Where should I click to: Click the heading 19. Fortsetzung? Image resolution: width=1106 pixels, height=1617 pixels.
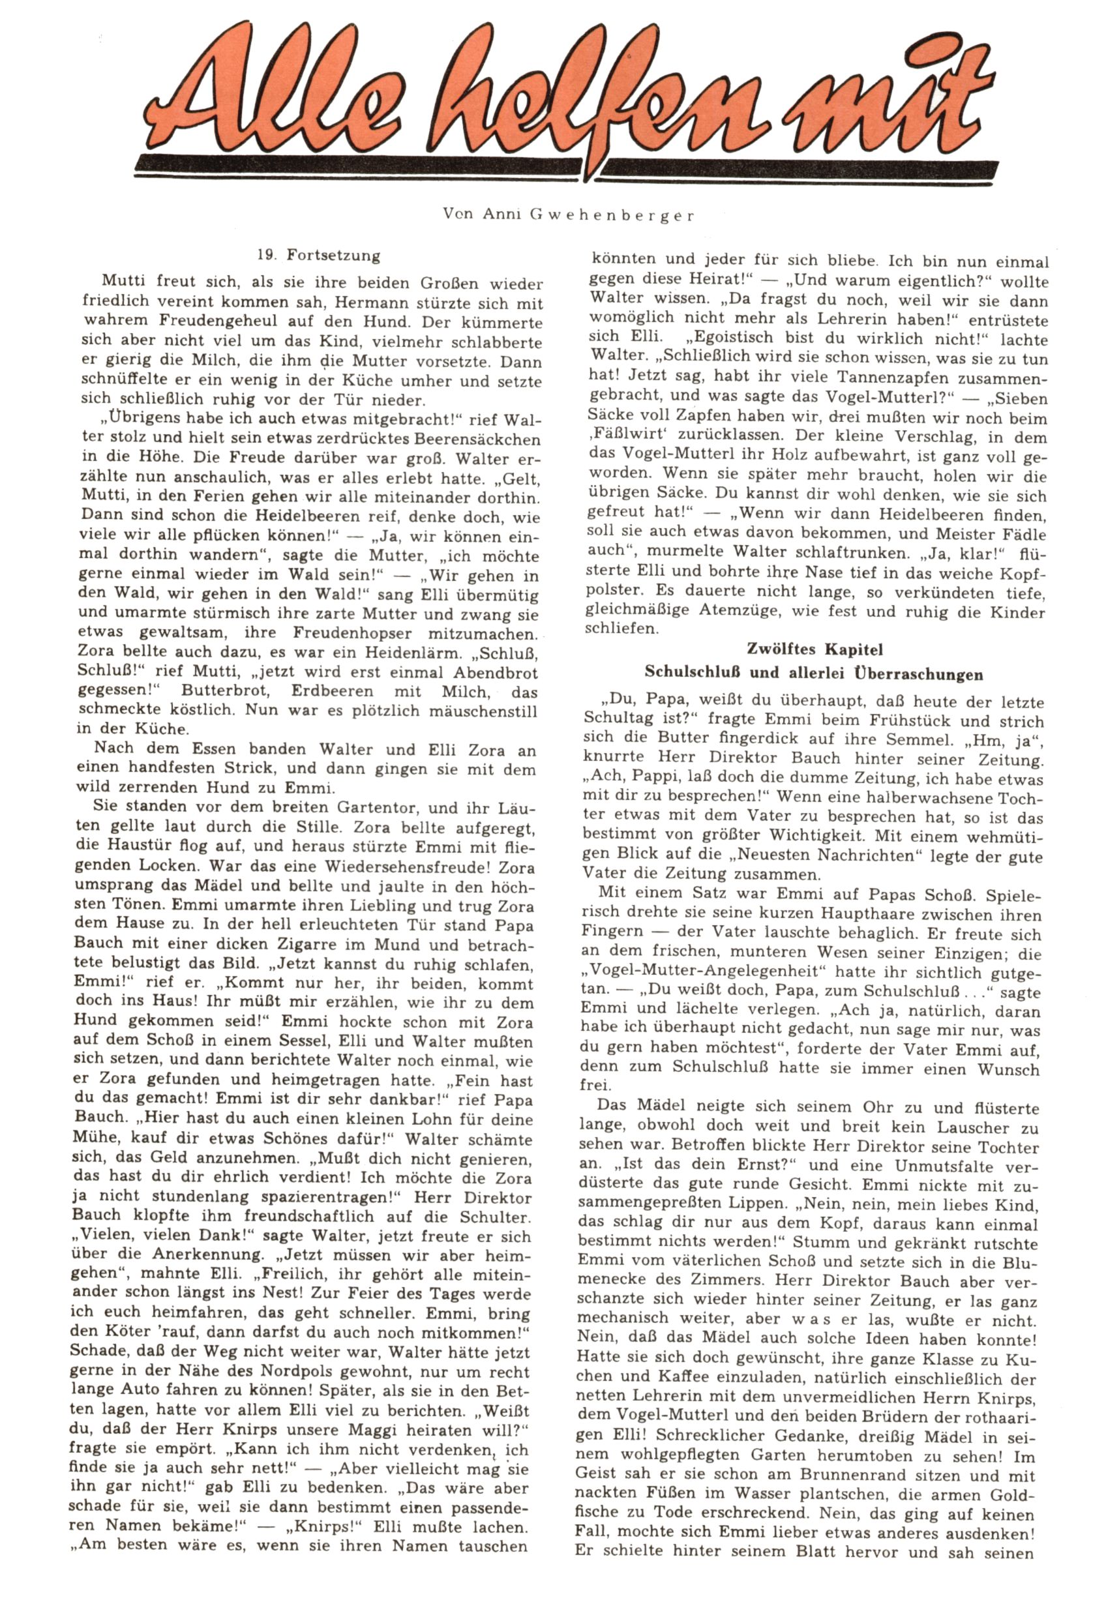pos(319,256)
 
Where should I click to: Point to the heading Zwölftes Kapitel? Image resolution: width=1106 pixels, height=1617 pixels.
pos(815,649)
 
